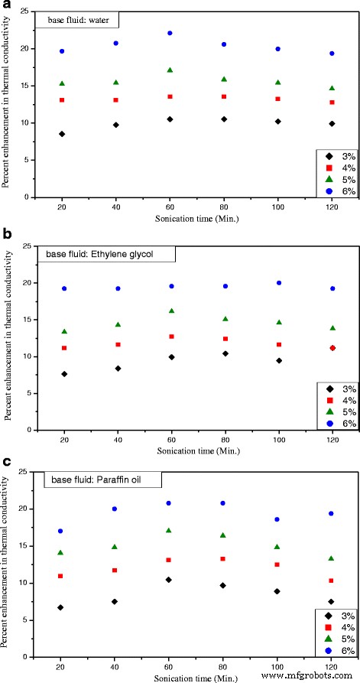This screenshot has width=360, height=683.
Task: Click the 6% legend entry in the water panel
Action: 336,191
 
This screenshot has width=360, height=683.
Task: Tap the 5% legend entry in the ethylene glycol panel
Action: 336,411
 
